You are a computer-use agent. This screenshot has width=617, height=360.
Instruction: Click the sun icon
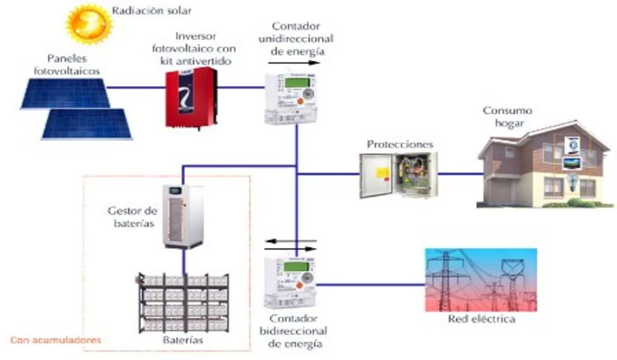(89, 24)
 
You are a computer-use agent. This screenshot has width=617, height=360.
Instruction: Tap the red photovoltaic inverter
(190, 98)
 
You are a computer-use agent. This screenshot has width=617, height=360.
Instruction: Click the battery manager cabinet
(183, 217)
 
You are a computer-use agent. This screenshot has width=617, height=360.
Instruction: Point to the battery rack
(184, 303)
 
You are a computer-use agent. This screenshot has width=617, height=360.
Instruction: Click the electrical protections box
(398, 175)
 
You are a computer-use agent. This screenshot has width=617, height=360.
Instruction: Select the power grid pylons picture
(481, 280)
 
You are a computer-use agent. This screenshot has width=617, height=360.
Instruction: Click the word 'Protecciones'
(400, 144)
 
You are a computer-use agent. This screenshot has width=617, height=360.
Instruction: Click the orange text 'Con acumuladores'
(56, 340)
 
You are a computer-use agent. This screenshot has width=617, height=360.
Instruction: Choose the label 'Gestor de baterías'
(132, 217)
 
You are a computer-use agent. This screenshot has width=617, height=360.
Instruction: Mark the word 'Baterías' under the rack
(184, 340)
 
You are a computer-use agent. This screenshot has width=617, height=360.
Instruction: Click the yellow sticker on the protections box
(382, 172)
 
